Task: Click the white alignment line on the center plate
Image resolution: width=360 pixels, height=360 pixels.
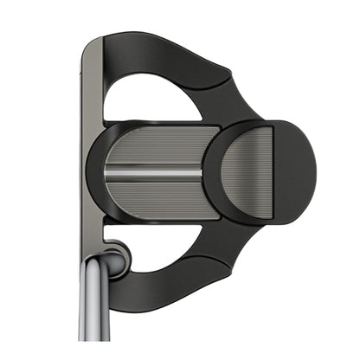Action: (154, 172)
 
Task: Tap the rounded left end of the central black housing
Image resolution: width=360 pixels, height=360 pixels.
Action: (93, 169)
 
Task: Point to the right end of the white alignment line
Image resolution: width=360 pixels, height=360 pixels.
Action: (201, 172)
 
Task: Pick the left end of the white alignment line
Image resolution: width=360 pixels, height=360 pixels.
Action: (107, 172)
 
